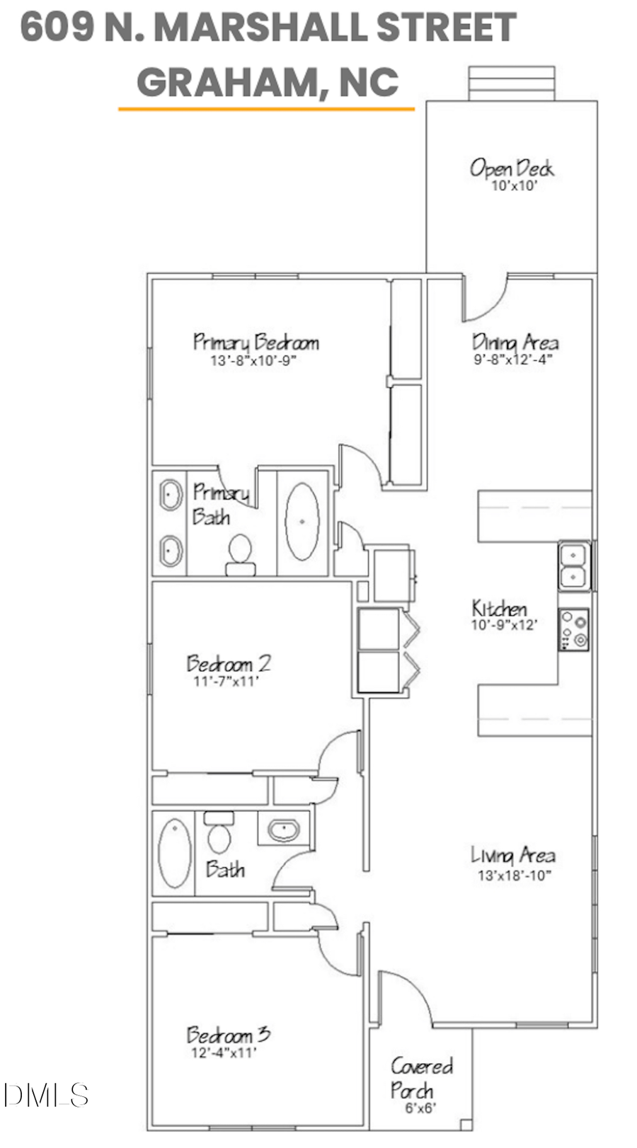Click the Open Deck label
[511, 168]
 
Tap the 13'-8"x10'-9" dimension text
[253, 361]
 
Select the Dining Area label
[515, 343]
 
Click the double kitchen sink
[573, 566]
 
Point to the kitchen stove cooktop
[574, 629]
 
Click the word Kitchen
[499, 609]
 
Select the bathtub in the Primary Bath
[302, 522]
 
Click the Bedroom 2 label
[228, 664]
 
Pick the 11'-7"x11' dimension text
[226, 682]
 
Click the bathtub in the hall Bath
[173, 853]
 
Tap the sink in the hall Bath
[284, 829]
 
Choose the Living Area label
[513, 856]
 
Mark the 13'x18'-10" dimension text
[514, 876]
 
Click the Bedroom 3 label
[228, 1035]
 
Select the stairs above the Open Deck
[511, 84]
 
